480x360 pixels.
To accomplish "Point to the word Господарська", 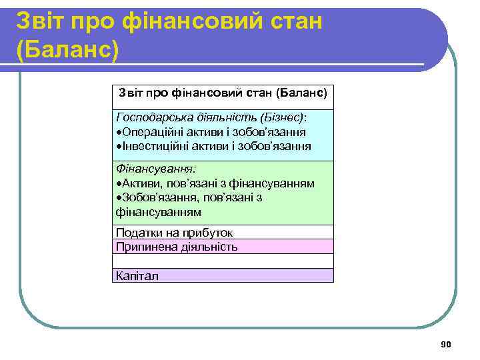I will coord(149,117).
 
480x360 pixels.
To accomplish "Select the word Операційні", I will coord(148,131).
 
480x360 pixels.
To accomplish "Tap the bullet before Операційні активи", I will coord(117,132).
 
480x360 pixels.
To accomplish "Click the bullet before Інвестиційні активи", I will coord(117,146).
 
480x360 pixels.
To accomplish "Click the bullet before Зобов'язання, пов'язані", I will coord(117,198).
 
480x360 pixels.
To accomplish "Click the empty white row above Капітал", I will coord(223,261).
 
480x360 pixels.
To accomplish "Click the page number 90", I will coord(446,344).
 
